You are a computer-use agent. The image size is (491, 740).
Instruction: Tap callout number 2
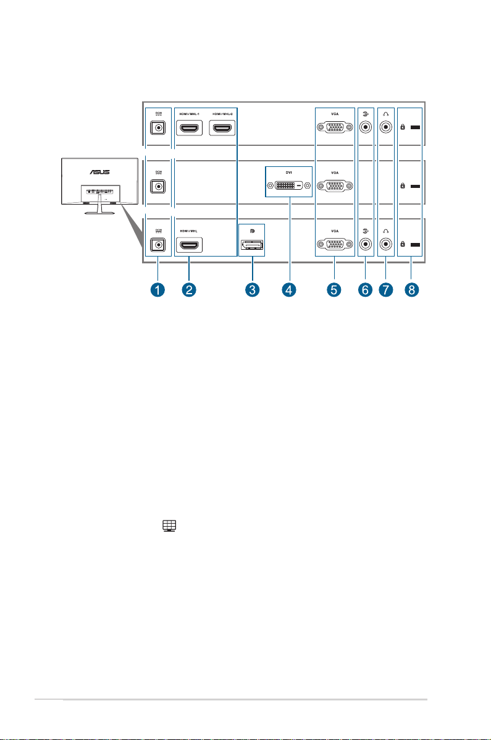[190, 289]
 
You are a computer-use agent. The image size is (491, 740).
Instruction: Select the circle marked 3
[251, 289]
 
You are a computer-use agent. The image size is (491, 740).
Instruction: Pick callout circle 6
[365, 289]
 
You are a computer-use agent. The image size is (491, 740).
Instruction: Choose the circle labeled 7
[387, 289]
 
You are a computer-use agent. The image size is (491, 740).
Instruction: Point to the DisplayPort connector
[251, 246]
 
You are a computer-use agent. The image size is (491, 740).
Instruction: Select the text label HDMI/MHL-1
[190, 115]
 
